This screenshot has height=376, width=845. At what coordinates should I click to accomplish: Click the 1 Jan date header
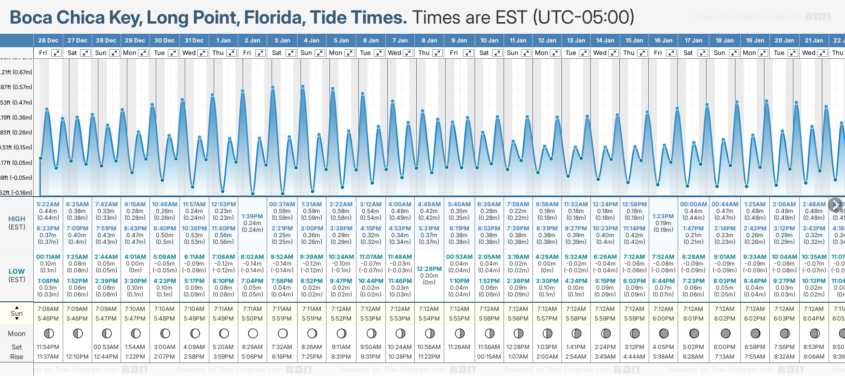[x=223, y=40]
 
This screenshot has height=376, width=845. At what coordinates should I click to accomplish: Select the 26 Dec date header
[x=48, y=40]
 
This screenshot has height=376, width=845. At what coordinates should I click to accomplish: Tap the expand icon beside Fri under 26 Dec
[x=56, y=53]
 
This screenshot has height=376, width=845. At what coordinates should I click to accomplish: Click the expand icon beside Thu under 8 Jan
[x=437, y=53]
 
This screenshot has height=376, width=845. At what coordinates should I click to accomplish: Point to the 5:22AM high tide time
[x=48, y=204]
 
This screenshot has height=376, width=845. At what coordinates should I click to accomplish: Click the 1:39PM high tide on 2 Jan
[x=252, y=216]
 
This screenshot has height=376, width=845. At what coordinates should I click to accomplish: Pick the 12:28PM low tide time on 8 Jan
[x=429, y=269]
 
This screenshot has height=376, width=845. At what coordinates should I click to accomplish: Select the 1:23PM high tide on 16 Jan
[x=663, y=216]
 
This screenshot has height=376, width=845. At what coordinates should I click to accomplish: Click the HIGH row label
[x=17, y=219]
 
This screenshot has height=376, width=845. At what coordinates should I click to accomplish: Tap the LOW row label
[x=17, y=271]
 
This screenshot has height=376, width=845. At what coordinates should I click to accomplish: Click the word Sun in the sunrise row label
[x=17, y=313]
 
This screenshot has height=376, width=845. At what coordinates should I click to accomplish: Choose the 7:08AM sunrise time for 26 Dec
[x=48, y=309]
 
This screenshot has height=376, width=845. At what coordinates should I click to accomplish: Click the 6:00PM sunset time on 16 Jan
[x=663, y=319]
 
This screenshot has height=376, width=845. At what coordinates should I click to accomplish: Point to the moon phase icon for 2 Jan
[x=253, y=333]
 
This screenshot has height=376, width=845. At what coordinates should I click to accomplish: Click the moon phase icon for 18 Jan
[x=725, y=333]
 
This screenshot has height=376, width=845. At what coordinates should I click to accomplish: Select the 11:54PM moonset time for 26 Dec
[x=48, y=347]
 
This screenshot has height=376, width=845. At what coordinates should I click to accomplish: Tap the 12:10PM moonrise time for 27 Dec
[x=77, y=357]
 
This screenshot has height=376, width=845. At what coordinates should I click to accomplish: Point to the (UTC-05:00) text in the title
[x=584, y=18]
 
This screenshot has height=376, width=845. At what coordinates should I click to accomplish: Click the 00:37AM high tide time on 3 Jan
[x=282, y=204]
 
